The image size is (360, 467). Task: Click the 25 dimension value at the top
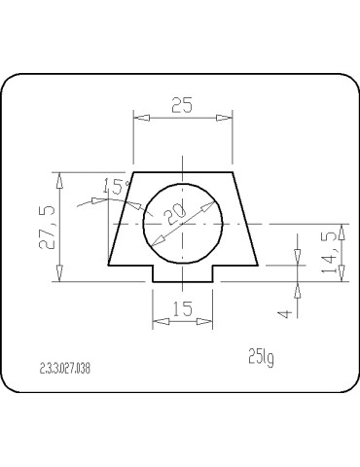pyautogui.click(x=182, y=106)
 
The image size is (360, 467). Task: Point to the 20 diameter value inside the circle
pyautogui.click(x=175, y=212)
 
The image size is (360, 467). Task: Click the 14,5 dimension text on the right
pyautogui.click(x=334, y=250)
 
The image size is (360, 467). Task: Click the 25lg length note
pyautogui.click(x=261, y=357)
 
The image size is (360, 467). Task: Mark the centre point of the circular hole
pyautogui.click(x=182, y=224)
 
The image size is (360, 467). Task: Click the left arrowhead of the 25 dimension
pyautogui.click(x=139, y=118)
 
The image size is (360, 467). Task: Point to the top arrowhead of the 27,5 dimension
pyautogui.click(x=60, y=180)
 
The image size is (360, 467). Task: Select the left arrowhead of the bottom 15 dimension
pyautogui.click(x=158, y=322)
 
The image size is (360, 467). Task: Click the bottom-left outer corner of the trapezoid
pyautogui.click(x=108, y=265)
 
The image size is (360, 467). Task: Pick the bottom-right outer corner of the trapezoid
pyautogui.click(x=258, y=265)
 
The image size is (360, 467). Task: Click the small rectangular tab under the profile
pyautogui.click(x=182, y=273)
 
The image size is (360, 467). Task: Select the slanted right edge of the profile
pyautogui.click(x=245, y=220)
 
